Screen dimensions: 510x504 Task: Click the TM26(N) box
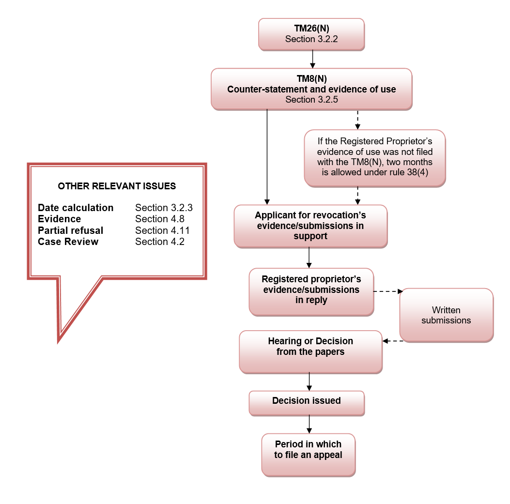tap(311, 34)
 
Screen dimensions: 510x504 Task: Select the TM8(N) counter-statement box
tap(311, 89)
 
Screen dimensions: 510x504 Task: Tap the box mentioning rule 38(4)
tap(375, 158)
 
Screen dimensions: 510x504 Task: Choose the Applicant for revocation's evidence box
tap(310, 226)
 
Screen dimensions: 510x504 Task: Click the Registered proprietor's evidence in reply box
tap(311, 291)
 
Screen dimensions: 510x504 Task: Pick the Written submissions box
tap(446, 315)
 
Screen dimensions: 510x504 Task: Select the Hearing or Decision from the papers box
tap(310, 352)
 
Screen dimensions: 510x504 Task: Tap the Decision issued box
tap(307, 403)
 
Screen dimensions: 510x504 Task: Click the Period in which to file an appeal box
tap(309, 455)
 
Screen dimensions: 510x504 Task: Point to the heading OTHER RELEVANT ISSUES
tap(117, 186)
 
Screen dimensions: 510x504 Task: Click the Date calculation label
tap(76, 207)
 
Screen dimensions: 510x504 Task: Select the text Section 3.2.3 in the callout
tap(164, 207)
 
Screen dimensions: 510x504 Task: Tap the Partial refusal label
tap(70, 230)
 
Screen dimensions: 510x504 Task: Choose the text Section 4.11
tap(162, 230)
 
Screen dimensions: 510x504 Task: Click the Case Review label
tap(68, 242)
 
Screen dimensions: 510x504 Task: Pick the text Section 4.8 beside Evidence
tap(160, 219)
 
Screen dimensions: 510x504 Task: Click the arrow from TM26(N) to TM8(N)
tap(312, 59)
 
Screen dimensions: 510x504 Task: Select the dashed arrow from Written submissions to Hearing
tap(393, 341)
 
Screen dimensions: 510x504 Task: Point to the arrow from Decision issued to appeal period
tap(309, 424)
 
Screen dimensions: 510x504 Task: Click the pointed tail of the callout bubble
tap(58, 342)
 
